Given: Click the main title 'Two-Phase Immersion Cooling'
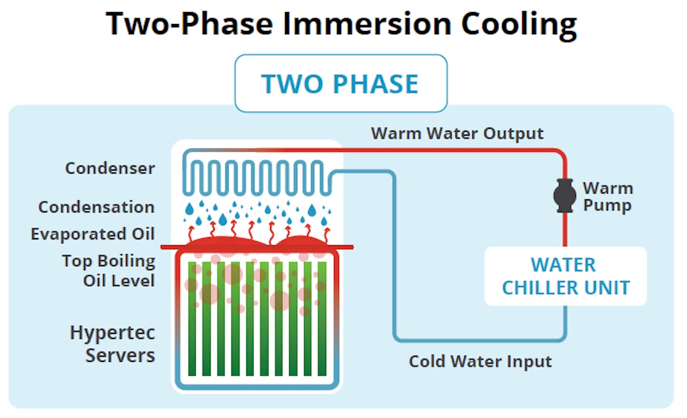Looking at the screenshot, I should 341,24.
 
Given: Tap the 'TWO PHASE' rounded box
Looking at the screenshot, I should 341,84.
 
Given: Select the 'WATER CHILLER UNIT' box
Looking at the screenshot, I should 566,276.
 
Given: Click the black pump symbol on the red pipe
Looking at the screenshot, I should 565,195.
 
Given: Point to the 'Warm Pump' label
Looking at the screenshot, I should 607,196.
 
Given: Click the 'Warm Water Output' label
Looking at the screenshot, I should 457,133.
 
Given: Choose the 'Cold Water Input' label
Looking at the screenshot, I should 480,362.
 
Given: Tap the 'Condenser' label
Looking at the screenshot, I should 110,168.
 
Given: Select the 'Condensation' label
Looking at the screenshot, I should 96,207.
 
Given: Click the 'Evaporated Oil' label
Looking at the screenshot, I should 93,235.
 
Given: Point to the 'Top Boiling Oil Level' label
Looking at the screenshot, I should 109,271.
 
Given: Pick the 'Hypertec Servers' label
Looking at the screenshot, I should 113,344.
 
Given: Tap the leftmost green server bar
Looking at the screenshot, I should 194,318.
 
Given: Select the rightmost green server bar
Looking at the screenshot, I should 322,318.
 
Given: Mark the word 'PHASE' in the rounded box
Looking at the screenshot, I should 376,84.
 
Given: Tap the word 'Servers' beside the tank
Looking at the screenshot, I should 120,355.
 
